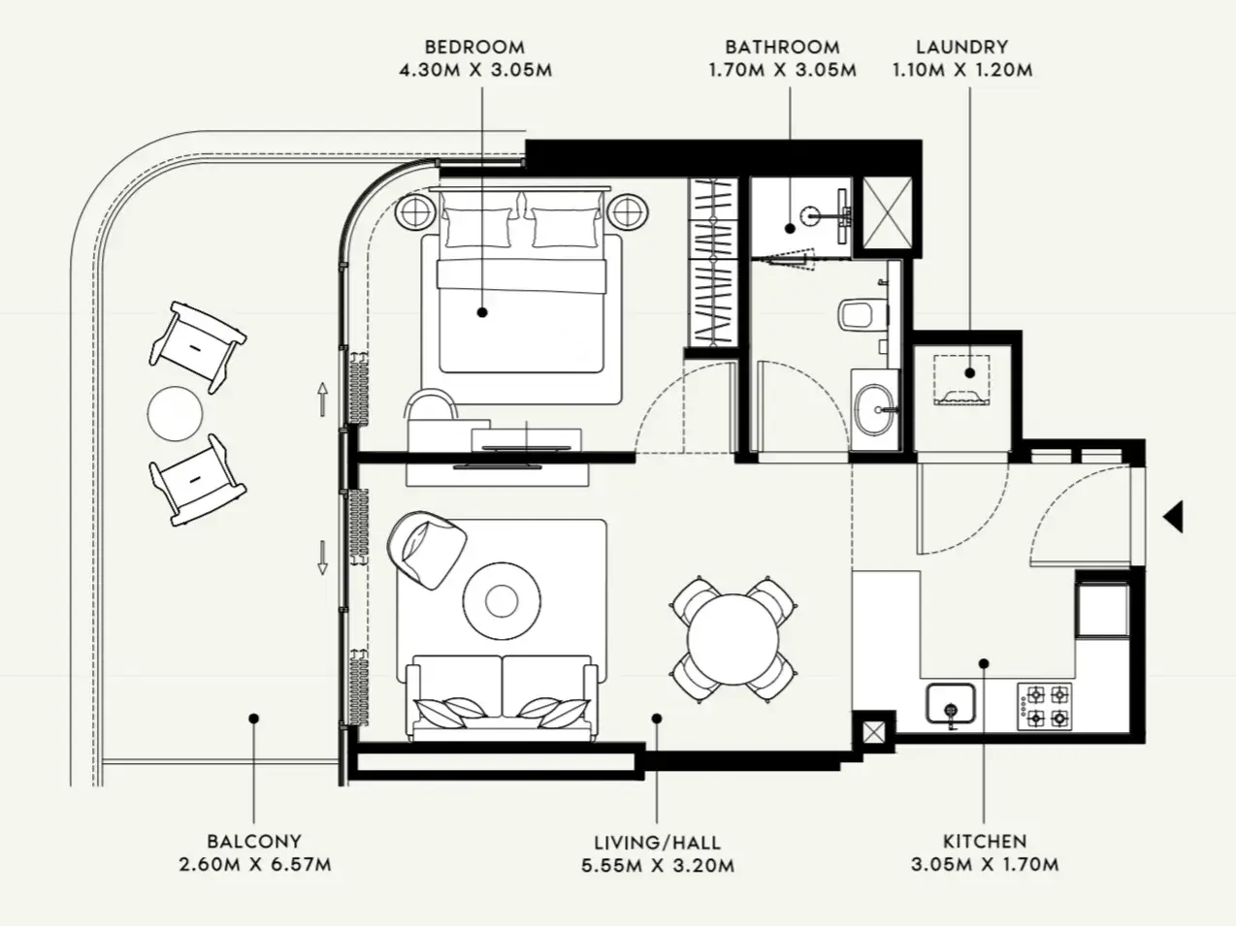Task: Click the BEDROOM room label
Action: point(474,47)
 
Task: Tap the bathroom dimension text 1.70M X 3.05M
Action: point(783,71)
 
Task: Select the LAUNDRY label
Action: point(961,47)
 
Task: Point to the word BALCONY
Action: point(254,841)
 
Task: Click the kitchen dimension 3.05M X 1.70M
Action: point(985,864)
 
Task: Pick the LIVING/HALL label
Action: point(658,843)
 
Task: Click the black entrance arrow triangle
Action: point(1174,517)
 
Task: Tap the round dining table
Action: point(733,640)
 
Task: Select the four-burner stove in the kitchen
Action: point(1045,707)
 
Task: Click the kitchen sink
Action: point(951,703)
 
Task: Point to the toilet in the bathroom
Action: point(862,314)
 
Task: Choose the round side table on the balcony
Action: point(176,413)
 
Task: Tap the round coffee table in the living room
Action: point(502,601)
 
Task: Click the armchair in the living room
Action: point(427,550)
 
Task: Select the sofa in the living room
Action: point(502,697)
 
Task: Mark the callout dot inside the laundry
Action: point(969,372)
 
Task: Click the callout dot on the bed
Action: point(482,312)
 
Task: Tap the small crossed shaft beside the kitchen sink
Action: point(873,732)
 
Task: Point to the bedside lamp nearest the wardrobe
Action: point(628,212)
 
